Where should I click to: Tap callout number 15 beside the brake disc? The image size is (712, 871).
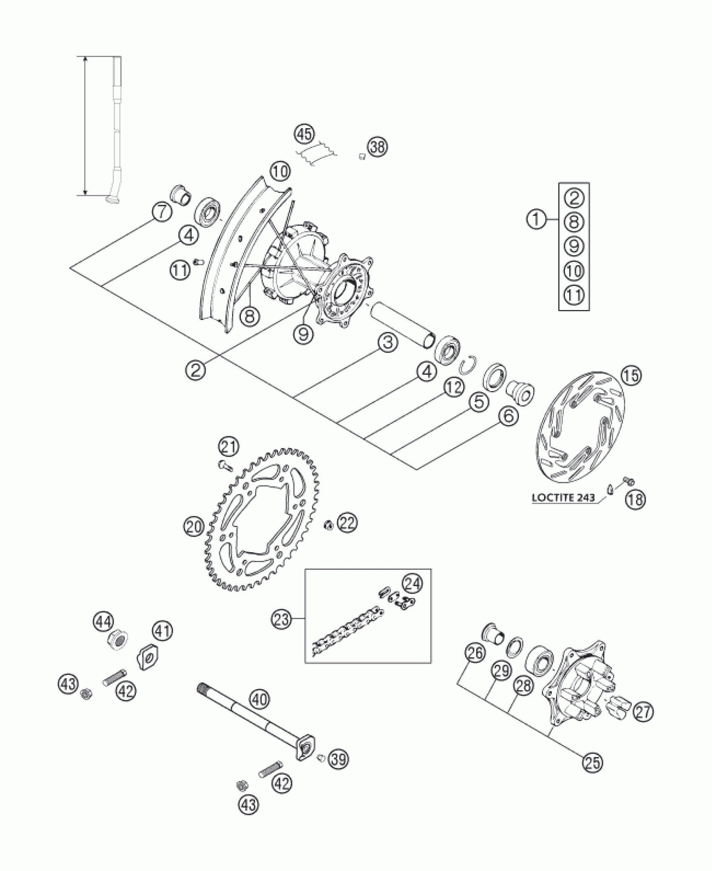click(x=631, y=375)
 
